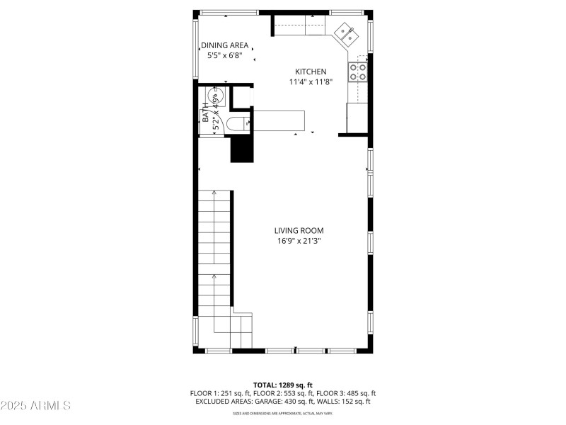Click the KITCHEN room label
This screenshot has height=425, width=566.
pyautogui.click(x=311, y=72)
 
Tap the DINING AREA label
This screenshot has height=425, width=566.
pyautogui.click(x=224, y=45)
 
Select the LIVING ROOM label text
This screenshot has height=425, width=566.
pyautogui.click(x=299, y=230)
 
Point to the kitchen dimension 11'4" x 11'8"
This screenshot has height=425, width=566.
pyautogui.click(x=311, y=81)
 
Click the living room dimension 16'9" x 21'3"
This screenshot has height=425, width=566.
pyautogui.click(x=299, y=241)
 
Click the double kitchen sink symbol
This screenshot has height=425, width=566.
pyautogui.click(x=346, y=33)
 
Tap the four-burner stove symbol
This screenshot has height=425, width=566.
pyautogui.click(x=357, y=71)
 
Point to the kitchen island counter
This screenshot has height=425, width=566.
pyautogui.click(x=279, y=120)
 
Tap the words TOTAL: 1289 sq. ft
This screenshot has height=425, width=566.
pyautogui.click(x=283, y=385)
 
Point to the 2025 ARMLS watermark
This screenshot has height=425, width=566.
pyautogui.click(x=35, y=406)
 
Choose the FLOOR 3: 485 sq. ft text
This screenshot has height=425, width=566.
pyautogui.click(x=346, y=393)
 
